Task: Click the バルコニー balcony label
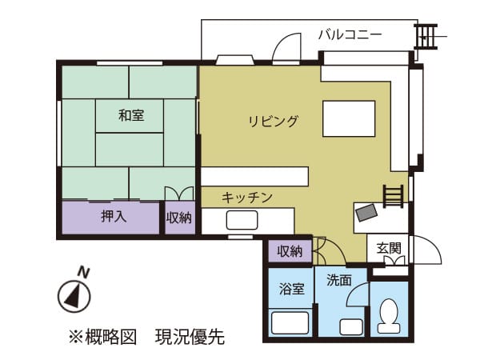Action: pyautogui.click(x=350, y=34)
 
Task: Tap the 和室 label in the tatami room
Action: pyautogui.click(x=131, y=116)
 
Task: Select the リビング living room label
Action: pyautogui.click(x=273, y=122)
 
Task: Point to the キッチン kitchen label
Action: pyautogui.click(x=247, y=198)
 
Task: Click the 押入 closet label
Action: pyautogui.click(x=114, y=217)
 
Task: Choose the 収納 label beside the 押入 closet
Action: pyautogui.click(x=179, y=218)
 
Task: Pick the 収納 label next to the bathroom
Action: pyautogui.click(x=290, y=251)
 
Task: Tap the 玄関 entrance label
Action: pyautogui.click(x=389, y=248)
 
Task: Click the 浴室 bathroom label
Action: pyautogui.click(x=292, y=289)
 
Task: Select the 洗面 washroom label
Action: pyautogui.click(x=339, y=280)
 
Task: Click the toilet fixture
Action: pyautogui.click(x=389, y=316)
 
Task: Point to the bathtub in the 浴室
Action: pyautogui.click(x=290, y=323)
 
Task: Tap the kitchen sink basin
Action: pyautogui.click(x=242, y=220)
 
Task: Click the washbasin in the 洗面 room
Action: pyautogui.click(x=351, y=326)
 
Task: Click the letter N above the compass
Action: pyautogui.click(x=83, y=272)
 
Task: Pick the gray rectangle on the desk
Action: pyautogui.click(x=367, y=213)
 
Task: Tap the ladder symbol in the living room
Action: pyautogui.click(x=393, y=196)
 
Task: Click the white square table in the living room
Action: pyautogui.click(x=349, y=118)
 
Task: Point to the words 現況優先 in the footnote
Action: pyautogui.click(x=190, y=337)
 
